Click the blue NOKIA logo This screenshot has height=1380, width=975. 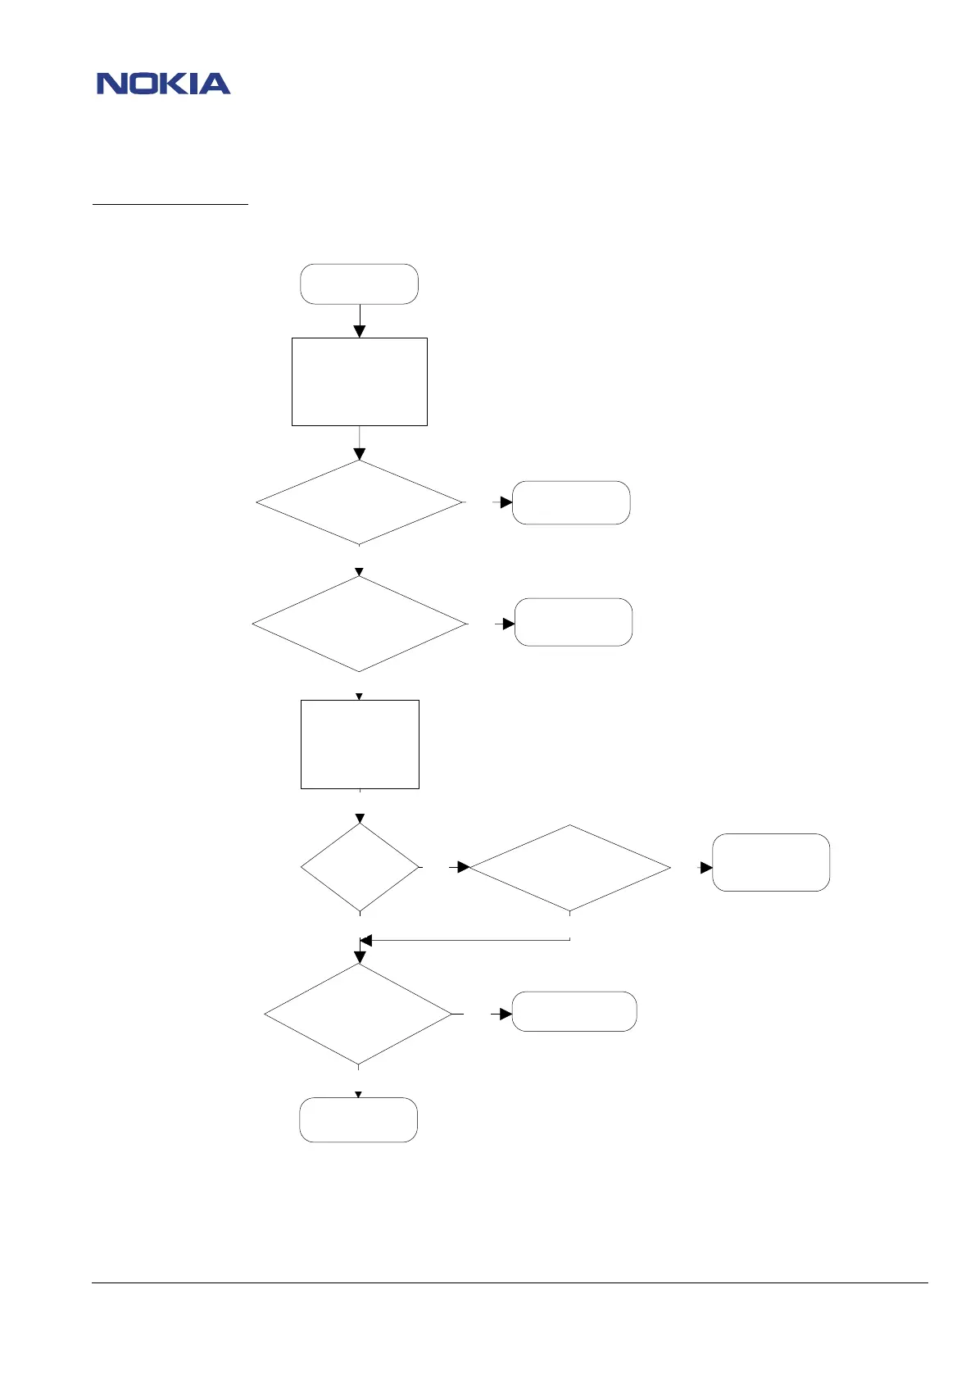[x=163, y=84]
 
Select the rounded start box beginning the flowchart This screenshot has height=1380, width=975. [x=359, y=284]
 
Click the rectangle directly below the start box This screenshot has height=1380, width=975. [x=359, y=381]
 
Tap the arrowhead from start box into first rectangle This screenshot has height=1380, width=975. [x=359, y=331]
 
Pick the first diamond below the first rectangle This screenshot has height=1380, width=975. [x=359, y=502]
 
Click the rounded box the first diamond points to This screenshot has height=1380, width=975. [x=571, y=502]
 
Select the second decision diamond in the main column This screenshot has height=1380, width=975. [x=359, y=624]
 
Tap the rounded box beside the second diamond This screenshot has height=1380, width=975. [x=573, y=622]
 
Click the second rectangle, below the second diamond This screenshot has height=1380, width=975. [x=360, y=744]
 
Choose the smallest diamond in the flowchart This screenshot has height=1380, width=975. [x=360, y=867]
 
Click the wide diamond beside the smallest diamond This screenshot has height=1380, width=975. [x=569, y=868]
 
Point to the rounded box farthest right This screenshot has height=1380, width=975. [x=771, y=862]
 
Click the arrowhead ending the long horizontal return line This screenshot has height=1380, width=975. [x=366, y=940]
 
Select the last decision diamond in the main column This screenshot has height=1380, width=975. [x=358, y=1015]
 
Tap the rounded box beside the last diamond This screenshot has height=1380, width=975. [x=574, y=1011]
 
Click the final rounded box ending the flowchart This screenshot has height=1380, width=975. [x=358, y=1119]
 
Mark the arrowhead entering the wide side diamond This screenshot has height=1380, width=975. [x=464, y=867]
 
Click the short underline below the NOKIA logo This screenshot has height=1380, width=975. [x=170, y=204]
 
